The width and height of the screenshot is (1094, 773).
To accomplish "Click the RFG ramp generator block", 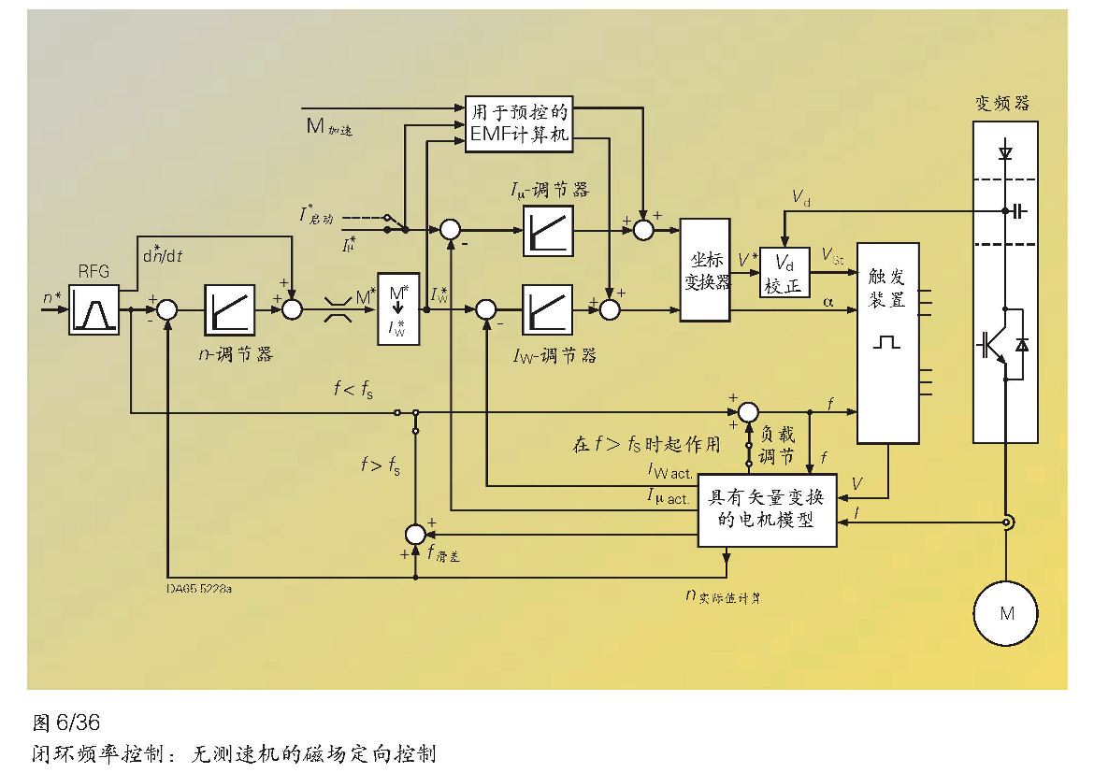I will click(94, 309).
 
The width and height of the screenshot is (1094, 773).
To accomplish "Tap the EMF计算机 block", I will click(518, 122).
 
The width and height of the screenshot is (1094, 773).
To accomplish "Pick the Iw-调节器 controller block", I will click(548, 309).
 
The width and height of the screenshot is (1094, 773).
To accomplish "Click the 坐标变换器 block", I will click(705, 270).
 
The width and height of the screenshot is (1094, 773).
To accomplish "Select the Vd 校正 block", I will click(784, 272).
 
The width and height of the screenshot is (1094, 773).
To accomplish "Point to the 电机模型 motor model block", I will click(767, 507).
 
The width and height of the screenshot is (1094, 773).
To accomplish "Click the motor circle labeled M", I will click(1006, 614).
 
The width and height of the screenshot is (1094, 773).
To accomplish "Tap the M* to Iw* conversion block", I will click(399, 309).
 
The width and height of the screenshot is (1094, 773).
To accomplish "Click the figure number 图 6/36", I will click(65, 722).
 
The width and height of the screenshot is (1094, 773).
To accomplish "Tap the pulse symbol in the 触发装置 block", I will click(885, 344).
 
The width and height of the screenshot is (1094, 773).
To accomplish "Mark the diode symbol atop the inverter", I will click(1006, 150).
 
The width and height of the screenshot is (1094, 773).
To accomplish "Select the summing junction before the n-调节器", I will click(167, 309).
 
